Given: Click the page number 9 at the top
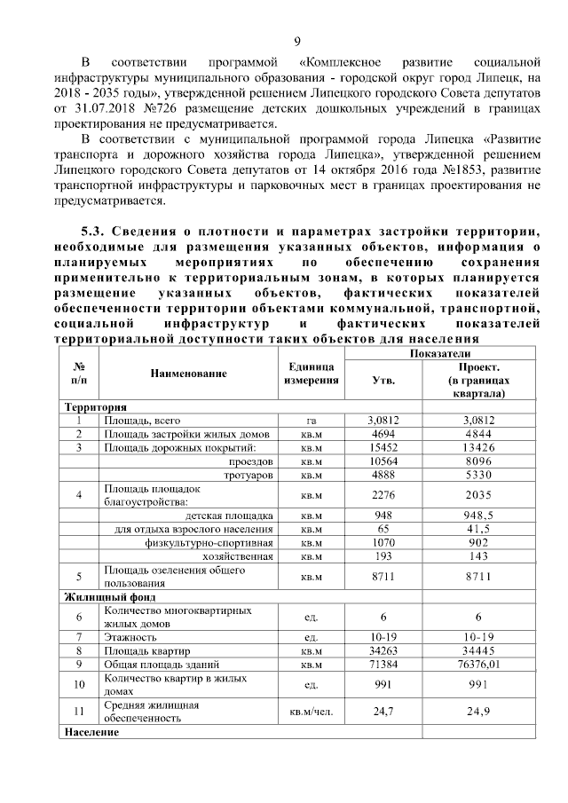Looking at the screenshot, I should click(297, 38).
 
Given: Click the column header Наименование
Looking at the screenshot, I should click(188, 374).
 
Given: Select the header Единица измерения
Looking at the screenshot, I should click(311, 374).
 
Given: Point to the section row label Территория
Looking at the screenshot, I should click(94, 406).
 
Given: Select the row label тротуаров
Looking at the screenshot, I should click(250, 475).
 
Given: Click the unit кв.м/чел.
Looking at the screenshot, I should click(311, 711).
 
